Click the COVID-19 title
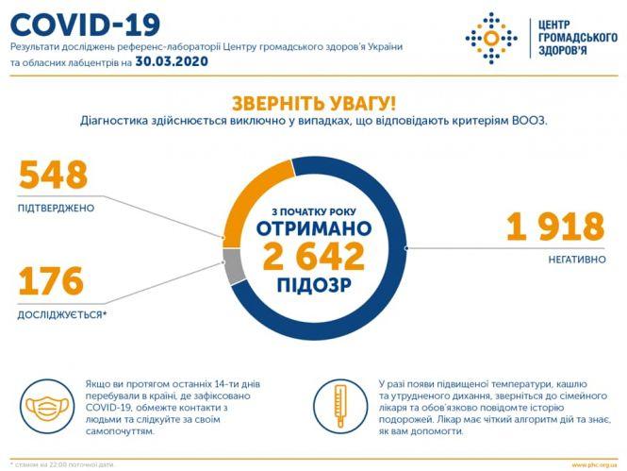coord(85,23)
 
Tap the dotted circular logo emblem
coord(491,38)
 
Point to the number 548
coord(53,175)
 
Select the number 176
coord(51,280)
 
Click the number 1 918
coord(554,227)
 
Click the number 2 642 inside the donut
coord(312,256)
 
